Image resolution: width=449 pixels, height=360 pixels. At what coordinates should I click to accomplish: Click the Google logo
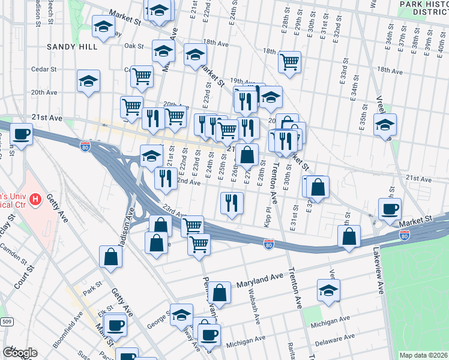20,353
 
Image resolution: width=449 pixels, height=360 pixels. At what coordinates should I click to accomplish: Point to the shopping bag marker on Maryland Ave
220,293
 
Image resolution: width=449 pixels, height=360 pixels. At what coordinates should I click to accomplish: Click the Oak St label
134,46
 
